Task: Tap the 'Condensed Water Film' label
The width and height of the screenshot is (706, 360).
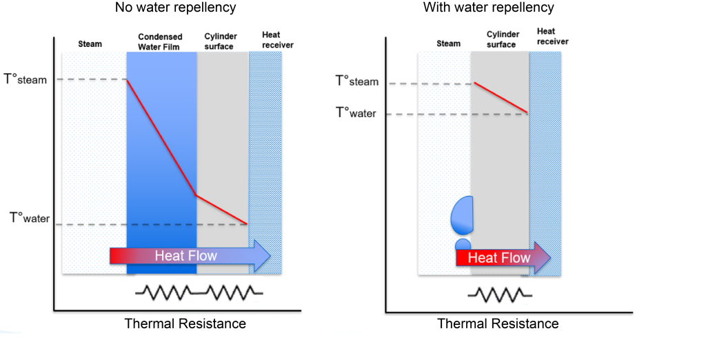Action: tap(160, 41)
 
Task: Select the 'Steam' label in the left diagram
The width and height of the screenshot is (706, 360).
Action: tap(90, 44)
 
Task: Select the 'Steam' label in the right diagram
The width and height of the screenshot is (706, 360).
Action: tap(448, 43)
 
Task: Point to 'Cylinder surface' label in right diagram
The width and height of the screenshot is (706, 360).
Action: tap(501, 39)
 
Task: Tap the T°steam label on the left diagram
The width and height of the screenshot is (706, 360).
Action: tap(26, 79)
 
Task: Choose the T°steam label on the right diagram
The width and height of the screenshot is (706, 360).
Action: tap(356, 81)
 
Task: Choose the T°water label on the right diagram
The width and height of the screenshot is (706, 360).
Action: tap(356, 112)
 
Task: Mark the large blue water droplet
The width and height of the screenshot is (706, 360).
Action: tap(462, 214)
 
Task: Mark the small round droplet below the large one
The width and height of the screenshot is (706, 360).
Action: tap(463, 244)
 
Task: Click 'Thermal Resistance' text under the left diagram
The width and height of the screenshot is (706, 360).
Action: tap(185, 323)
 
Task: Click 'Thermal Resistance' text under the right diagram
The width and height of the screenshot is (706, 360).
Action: tap(498, 323)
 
